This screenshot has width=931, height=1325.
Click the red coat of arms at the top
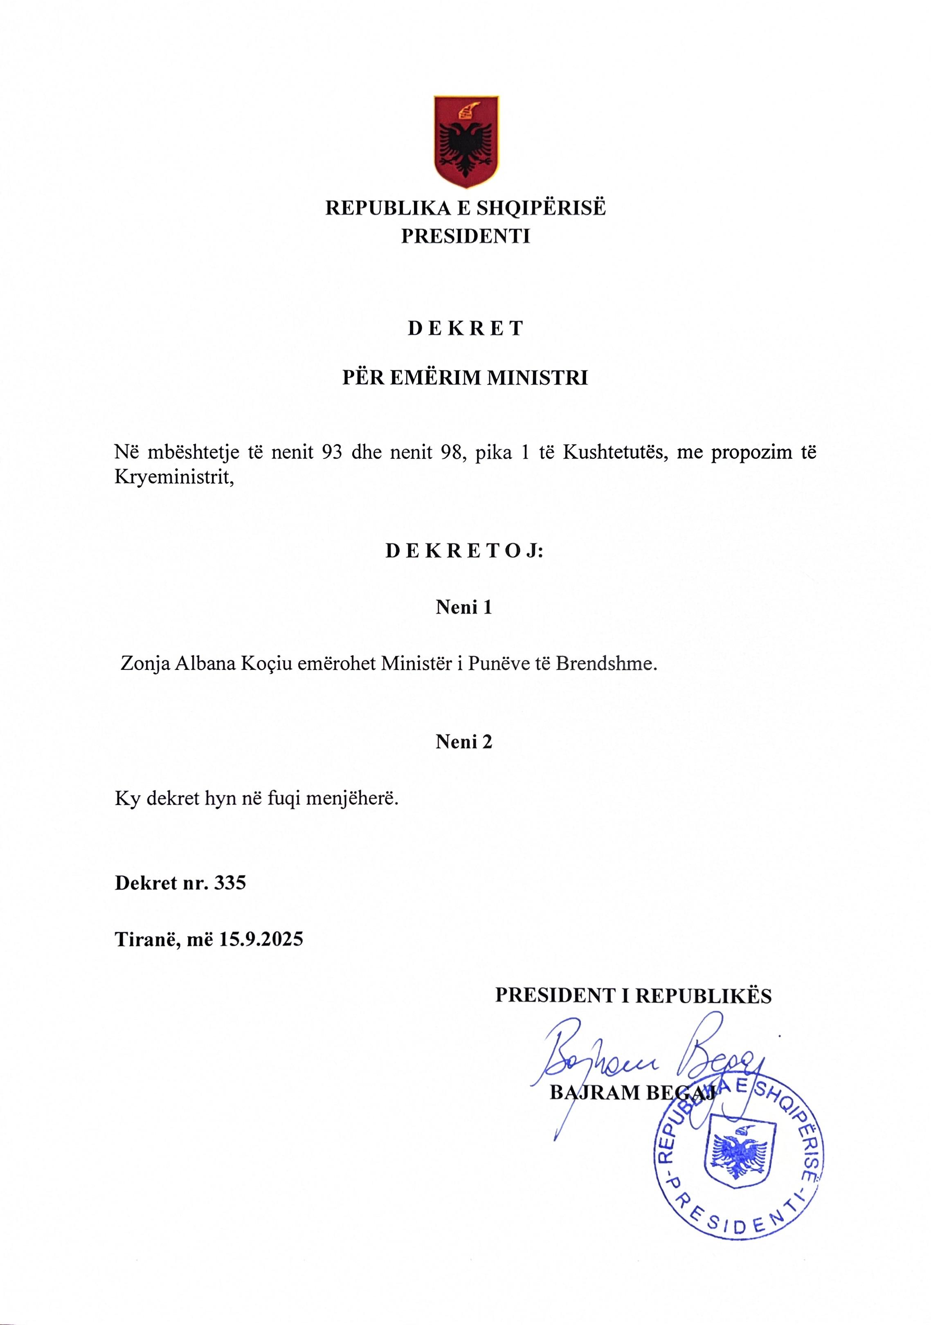coord(466,141)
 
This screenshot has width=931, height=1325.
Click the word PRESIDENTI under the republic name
coord(465,237)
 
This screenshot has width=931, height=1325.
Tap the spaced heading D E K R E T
coord(465,328)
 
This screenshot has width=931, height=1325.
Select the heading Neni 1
coord(464,608)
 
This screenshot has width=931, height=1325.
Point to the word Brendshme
coord(606,664)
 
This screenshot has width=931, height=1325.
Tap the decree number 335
coord(230,883)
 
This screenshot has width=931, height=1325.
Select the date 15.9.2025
coord(261,939)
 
